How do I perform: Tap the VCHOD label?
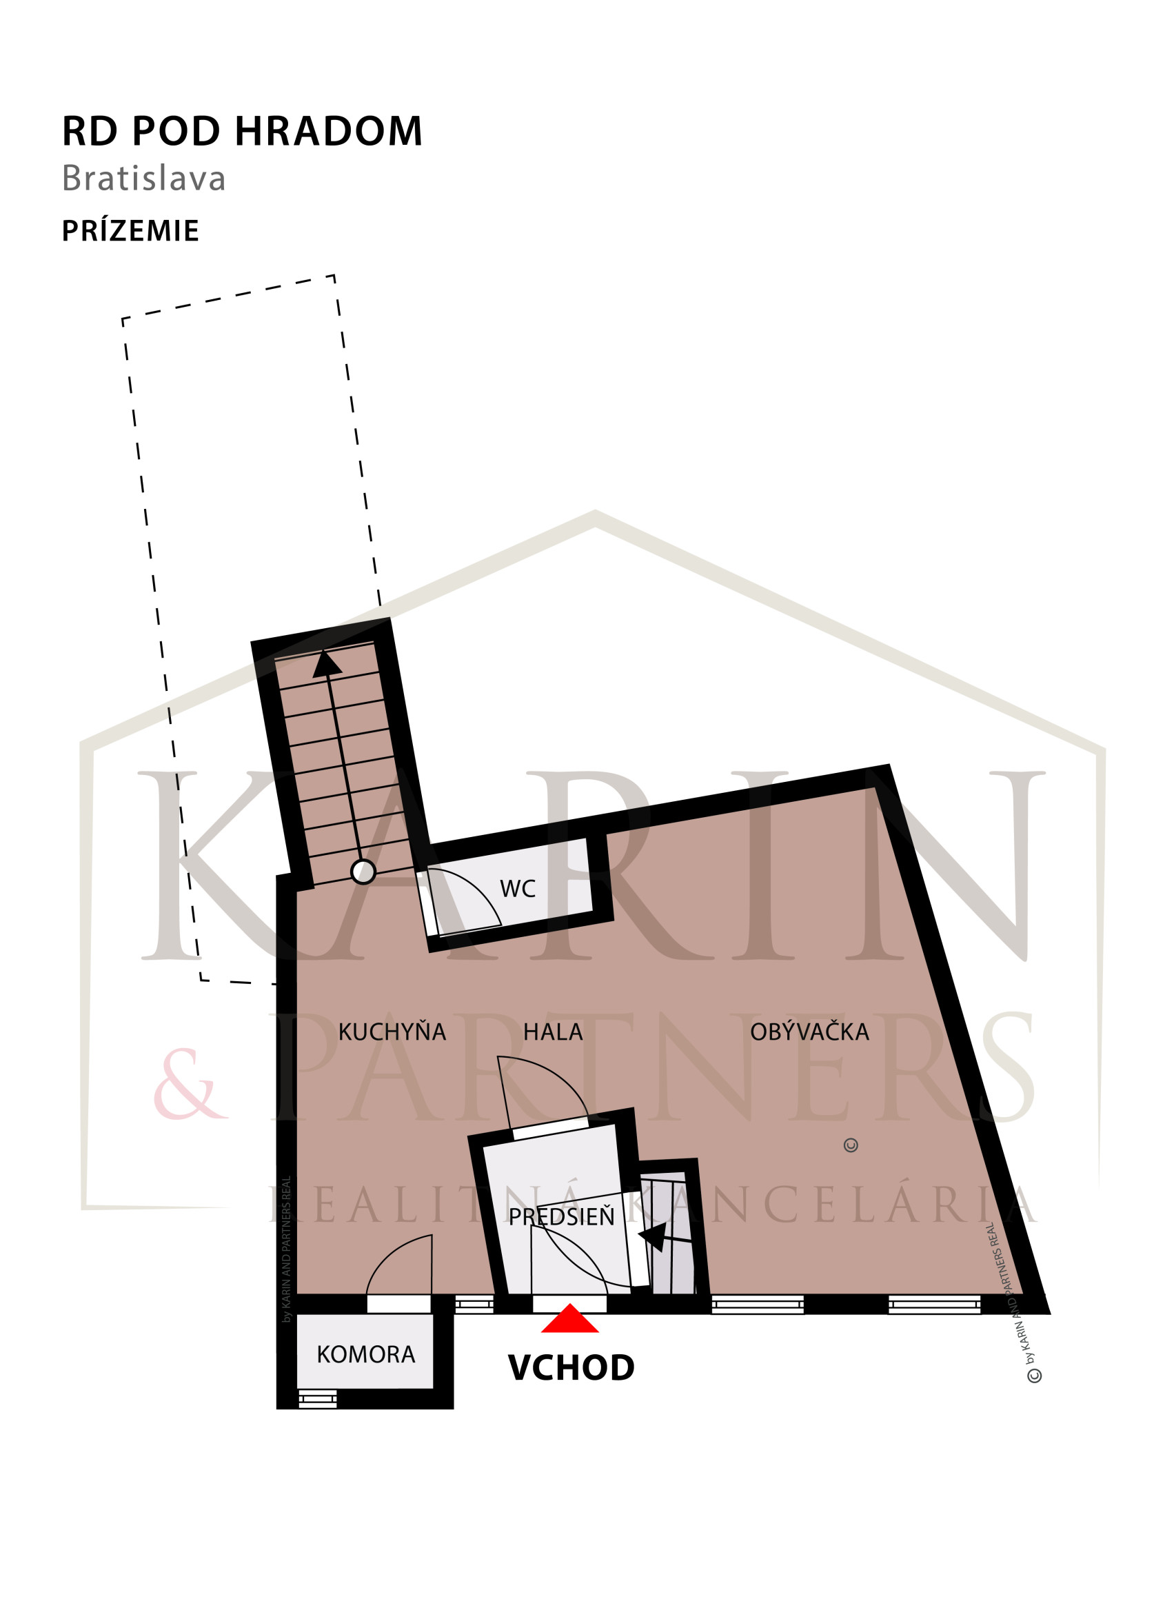[571, 1368]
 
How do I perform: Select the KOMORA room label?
[365, 1354]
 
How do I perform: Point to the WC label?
[518, 889]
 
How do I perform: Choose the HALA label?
[553, 1032]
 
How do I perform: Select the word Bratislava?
[144, 179]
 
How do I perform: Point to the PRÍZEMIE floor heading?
[130, 230]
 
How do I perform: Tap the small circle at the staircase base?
[363, 872]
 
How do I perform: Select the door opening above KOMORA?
[399, 1303]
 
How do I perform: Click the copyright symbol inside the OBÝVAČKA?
[851, 1145]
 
